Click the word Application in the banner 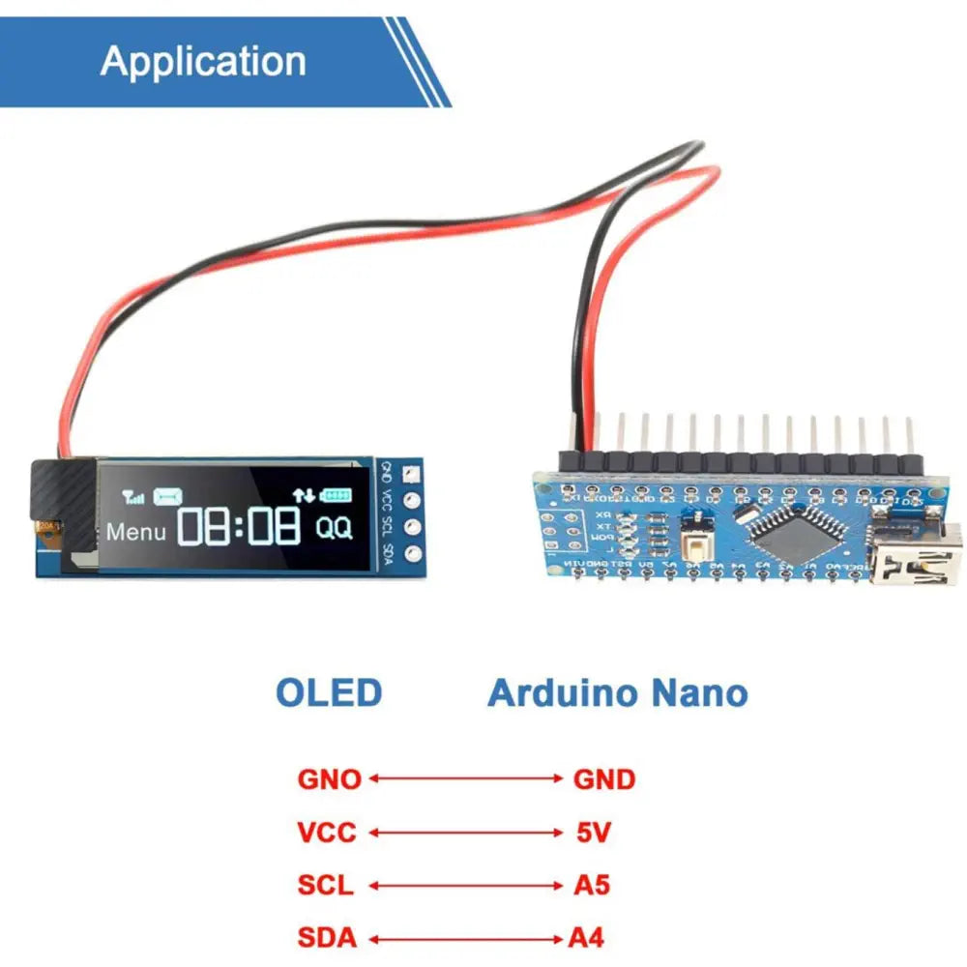[203, 61]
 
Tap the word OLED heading [329, 693]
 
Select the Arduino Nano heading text [617, 693]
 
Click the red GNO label [329, 778]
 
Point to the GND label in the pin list [604, 778]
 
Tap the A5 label [592, 885]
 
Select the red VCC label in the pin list [327, 832]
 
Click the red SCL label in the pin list [326, 885]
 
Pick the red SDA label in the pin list [327, 937]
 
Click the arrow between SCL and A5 [465, 885]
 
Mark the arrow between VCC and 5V [465, 832]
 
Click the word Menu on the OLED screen [136, 531]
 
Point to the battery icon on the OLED [337, 495]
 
